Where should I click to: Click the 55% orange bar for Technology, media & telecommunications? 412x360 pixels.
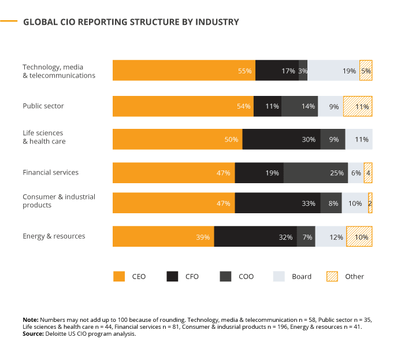pyautogui.click(x=184, y=70)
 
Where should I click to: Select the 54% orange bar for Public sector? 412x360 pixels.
pyautogui.click(x=183, y=106)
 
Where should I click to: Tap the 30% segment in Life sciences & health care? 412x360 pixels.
pyautogui.click(x=281, y=139)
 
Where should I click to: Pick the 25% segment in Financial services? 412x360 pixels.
pyautogui.click(x=316, y=173)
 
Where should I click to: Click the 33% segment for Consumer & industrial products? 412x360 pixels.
pyautogui.click(x=277, y=203)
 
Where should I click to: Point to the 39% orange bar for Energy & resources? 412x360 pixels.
pyautogui.click(x=163, y=236)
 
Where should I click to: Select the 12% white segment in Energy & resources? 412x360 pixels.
pyautogui.click(x=331, y=236)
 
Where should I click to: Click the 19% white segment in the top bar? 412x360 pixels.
pyautogui.click(x=333, y=70)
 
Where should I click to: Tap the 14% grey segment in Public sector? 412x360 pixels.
pyautogui.click(x=299, y=106)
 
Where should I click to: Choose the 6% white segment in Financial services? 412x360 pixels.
pyautogui.click(x=355, y=173)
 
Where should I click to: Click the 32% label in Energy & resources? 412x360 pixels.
pyautogui.click(x=285, y=237)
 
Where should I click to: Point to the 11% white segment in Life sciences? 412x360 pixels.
pyautogui.click(x=359, y=139)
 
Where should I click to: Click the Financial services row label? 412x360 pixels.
pyautogui.click(x=50, y=172)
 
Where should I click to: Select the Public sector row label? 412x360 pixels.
pyautogui.click(x=43, y=106)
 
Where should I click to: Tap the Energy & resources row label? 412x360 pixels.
pyautogui.click(x=54, y=236)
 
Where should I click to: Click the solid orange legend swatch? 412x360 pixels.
pyautogui.click(x=119, y=277)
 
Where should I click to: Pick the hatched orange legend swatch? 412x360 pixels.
pyautogui.click(x=332, y=277)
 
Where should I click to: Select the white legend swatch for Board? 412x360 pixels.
pyautogui.click(x=279, y=277)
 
